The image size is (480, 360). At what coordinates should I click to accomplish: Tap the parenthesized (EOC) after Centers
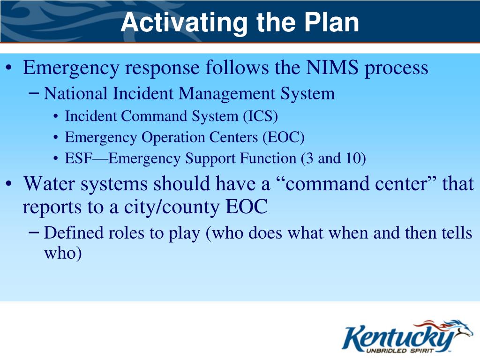click(x=283, y=137)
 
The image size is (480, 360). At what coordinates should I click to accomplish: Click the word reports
click(x=51, y=207)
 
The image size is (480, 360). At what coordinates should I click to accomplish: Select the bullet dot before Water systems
click(x=9, y=184)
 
